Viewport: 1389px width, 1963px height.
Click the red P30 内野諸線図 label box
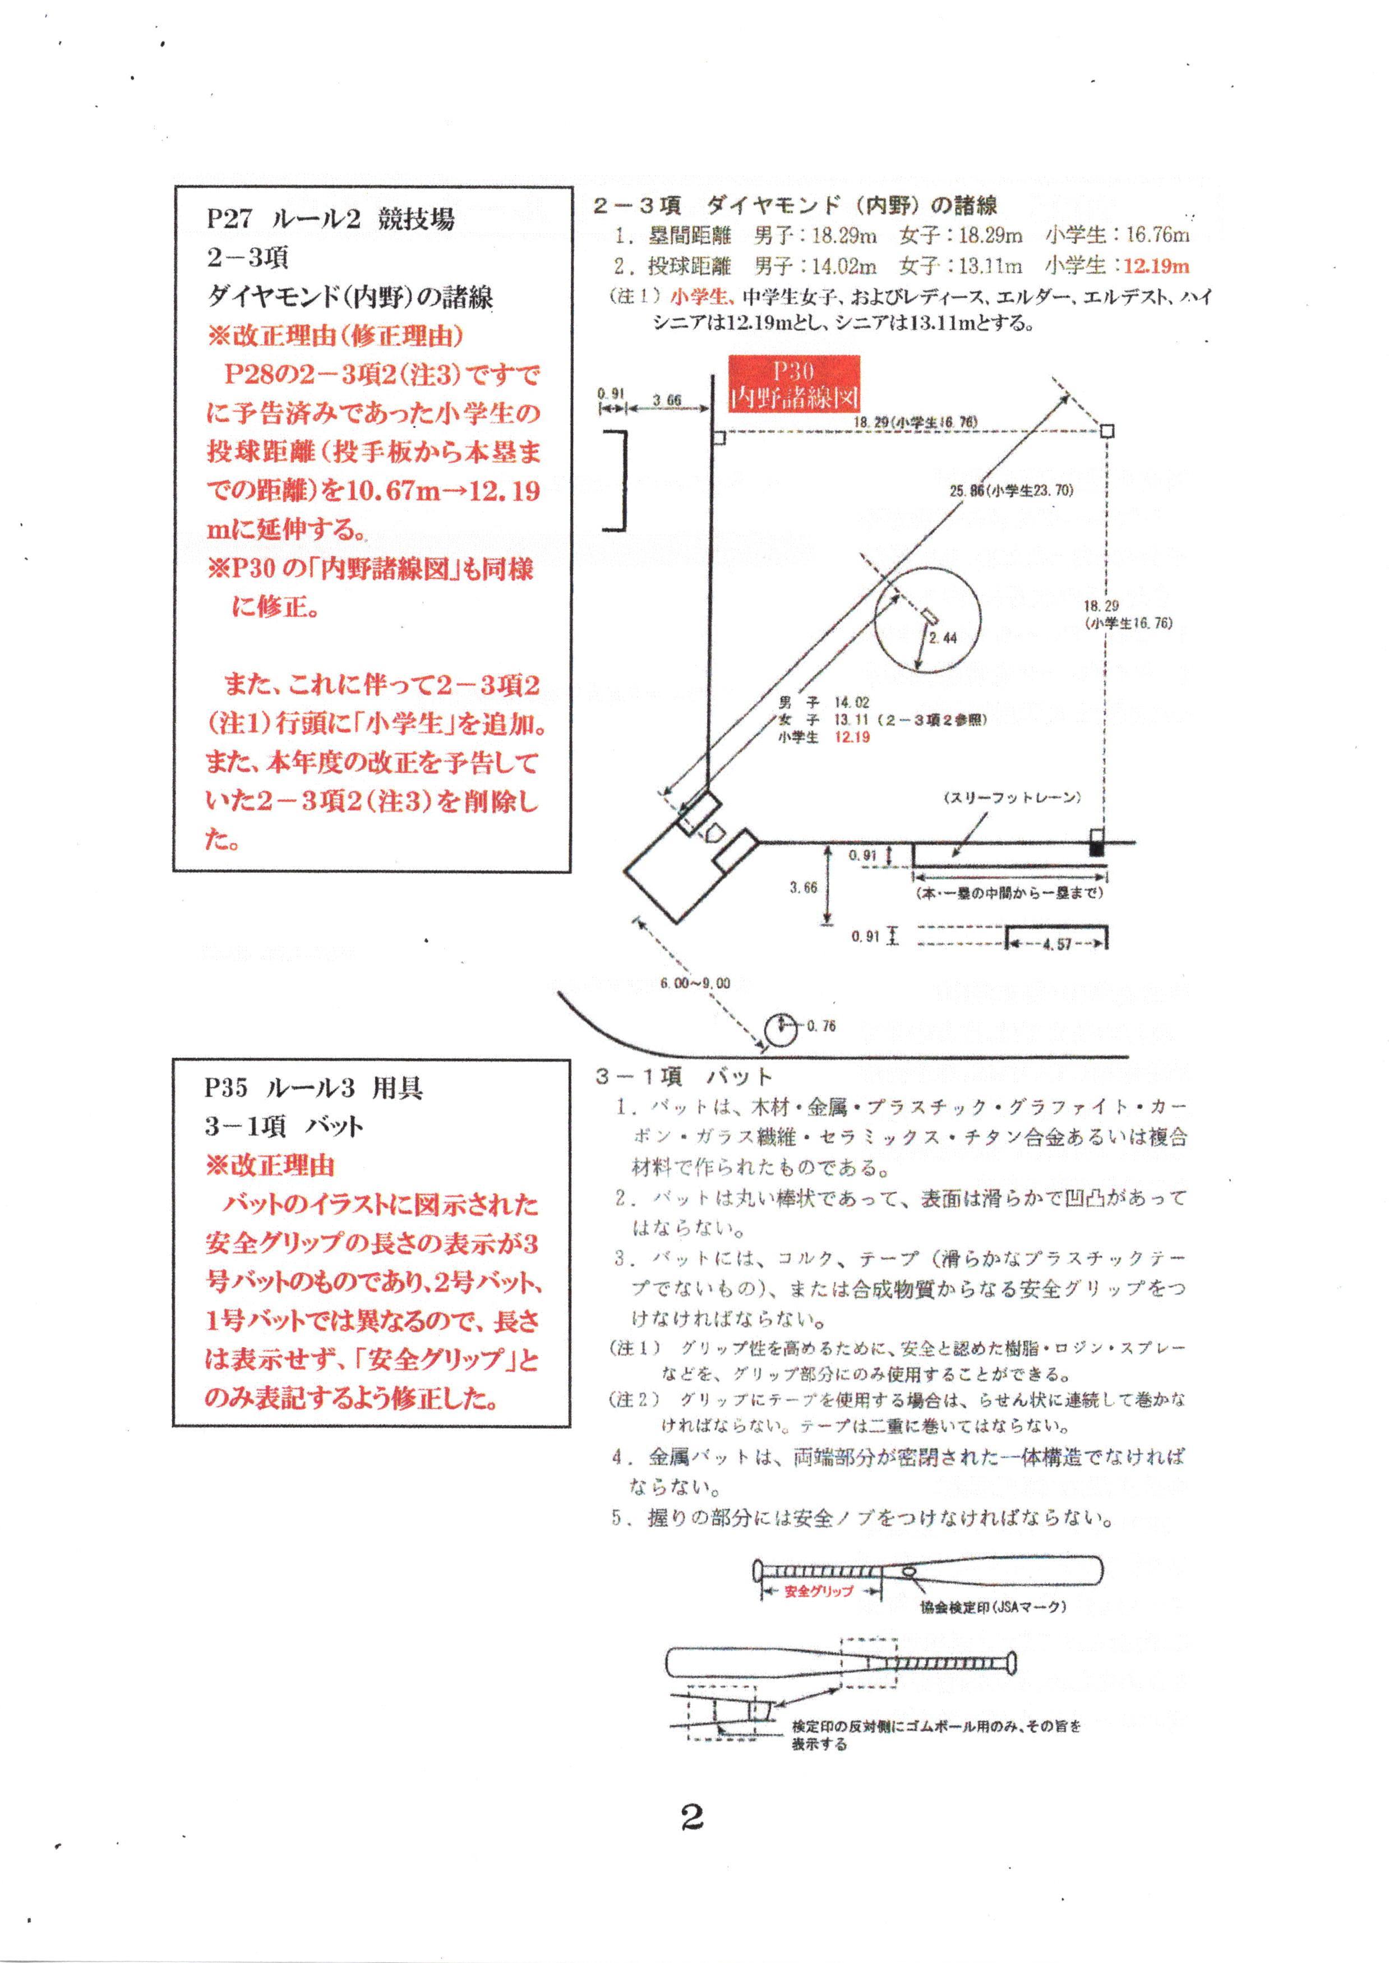point(793,384)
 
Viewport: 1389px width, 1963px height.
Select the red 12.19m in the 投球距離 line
point(1156,266)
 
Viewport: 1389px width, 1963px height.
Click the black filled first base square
point(1096,849)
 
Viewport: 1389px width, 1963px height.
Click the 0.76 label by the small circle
point(821,1026)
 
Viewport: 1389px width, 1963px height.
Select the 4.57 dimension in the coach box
point(1058,944)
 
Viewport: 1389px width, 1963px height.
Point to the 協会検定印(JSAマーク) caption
point(992,1607)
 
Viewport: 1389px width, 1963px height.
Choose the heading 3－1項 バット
point(684,1076)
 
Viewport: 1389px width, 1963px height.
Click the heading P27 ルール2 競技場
point(330,219)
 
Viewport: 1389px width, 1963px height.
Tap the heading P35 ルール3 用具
point(313,1088)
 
